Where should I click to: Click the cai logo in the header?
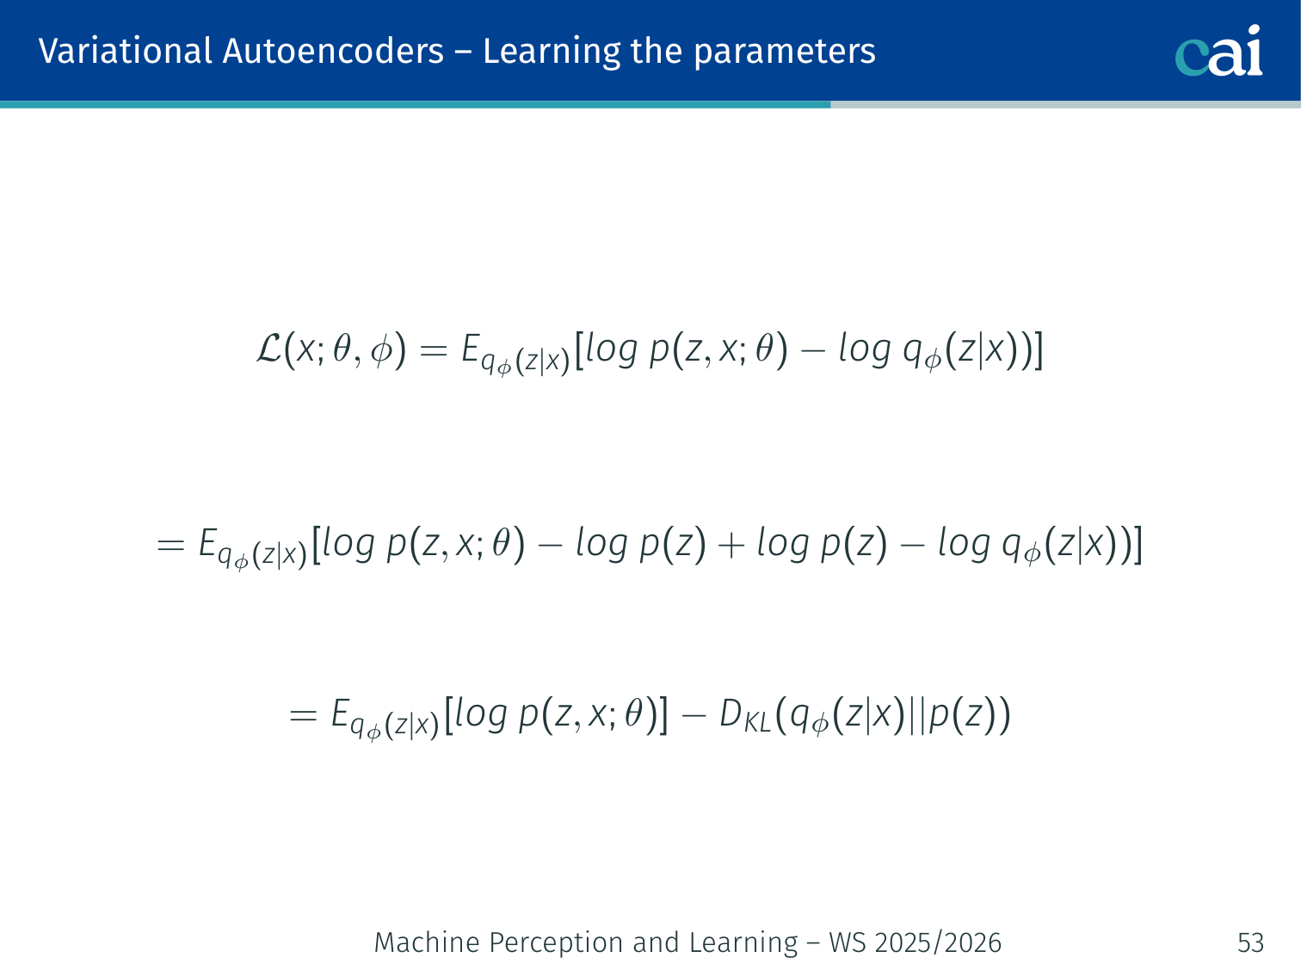[1218, 51]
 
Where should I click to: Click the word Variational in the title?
[125, 51]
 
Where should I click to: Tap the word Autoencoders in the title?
[333, 51]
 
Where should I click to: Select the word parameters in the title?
[784, 53]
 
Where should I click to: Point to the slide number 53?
[1250, 942]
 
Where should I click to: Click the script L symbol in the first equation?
[268, 349]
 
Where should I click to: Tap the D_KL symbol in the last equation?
[745, 716]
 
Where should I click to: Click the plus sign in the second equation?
[731, 545]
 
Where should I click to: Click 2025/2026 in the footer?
[938, 942]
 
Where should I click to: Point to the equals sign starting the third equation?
[303, 716]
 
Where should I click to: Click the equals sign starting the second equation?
[170, 545]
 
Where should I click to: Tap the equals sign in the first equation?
[434, 351]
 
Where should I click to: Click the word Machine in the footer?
[427, 942]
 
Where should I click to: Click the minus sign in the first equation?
[812, 351]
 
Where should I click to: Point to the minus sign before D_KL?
[694, 716]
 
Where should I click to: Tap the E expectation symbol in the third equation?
[339, 713]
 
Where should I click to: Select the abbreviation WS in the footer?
[848, 942]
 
